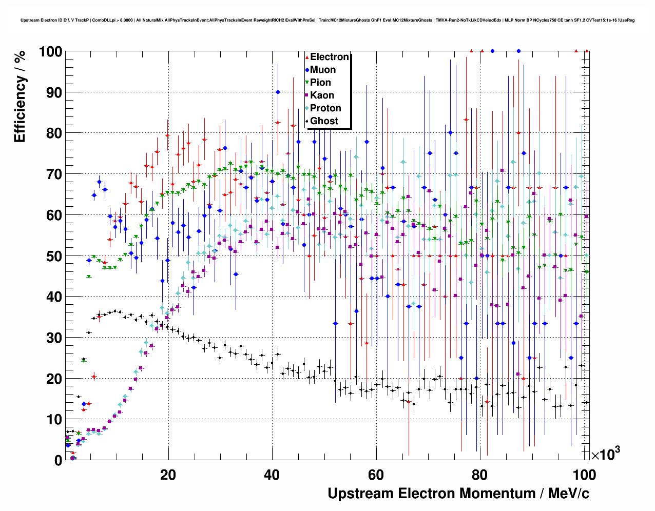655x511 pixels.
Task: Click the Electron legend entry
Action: pos(329,57)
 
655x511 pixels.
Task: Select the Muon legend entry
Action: pos(323,70)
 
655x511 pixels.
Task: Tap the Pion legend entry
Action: pos(320,83)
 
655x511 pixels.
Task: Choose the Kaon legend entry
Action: pos(322,95)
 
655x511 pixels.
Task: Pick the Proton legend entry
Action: pos(325,108)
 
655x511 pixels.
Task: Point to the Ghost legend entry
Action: pos(324,121)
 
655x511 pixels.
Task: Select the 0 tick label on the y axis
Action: pos(58,461)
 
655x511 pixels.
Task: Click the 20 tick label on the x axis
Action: pos(168,475)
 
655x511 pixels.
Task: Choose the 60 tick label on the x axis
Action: pos(376,475)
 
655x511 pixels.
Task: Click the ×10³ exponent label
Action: pos(605,454)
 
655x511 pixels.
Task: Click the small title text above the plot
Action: pos(327,21)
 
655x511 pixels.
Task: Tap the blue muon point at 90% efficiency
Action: pos(278,92)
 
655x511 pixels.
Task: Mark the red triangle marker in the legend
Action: pos(307,57)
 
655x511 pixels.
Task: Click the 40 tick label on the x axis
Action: pos(272,475)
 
